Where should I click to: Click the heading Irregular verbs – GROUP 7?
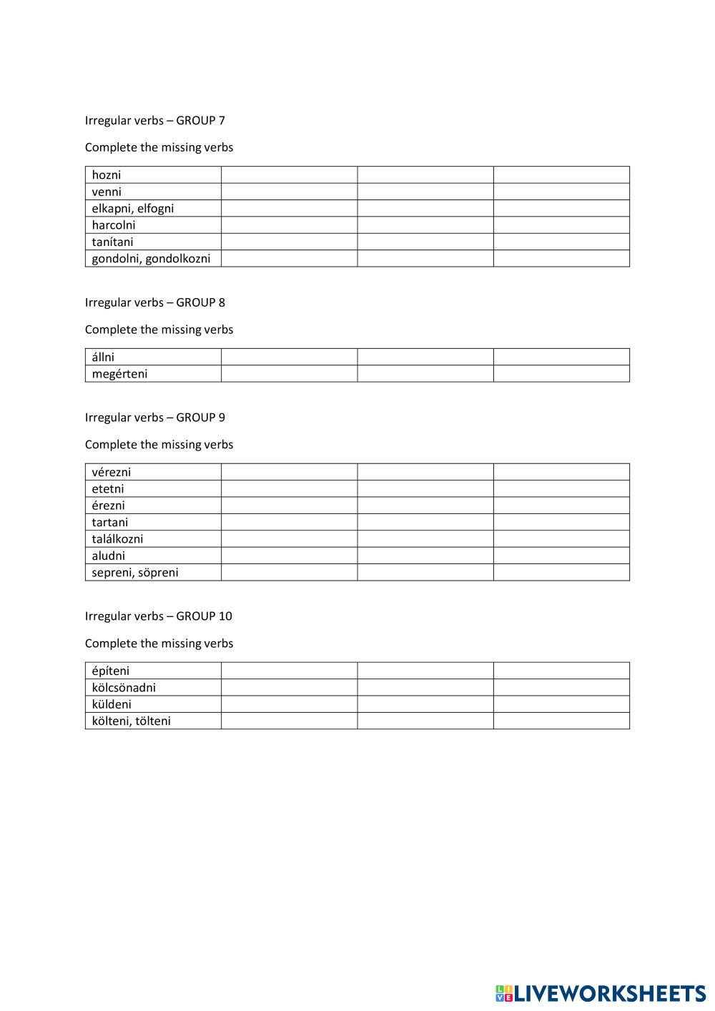point(154,120)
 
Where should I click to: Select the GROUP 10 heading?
point(158,616)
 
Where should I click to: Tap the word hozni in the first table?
point(107,175)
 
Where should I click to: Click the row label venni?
point(107,192)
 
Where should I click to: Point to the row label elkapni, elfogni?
point(133,209)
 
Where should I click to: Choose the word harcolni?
point(114,225)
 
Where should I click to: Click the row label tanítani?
point(112,242)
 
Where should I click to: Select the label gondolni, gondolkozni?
point(151,259)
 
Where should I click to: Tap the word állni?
point(103,357)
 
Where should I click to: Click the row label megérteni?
point(119,374)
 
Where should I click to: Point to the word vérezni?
point(112,472)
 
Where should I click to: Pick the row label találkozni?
point(117,539)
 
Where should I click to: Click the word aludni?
point(108,556)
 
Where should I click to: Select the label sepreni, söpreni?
point(135,573)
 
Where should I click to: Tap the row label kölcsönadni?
point(124,688)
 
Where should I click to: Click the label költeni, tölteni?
point(131,721)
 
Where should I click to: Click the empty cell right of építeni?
point(289,671)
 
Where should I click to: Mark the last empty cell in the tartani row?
point(561,522)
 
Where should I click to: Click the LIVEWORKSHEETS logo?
point(600,993)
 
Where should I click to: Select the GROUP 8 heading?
point(154,302)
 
